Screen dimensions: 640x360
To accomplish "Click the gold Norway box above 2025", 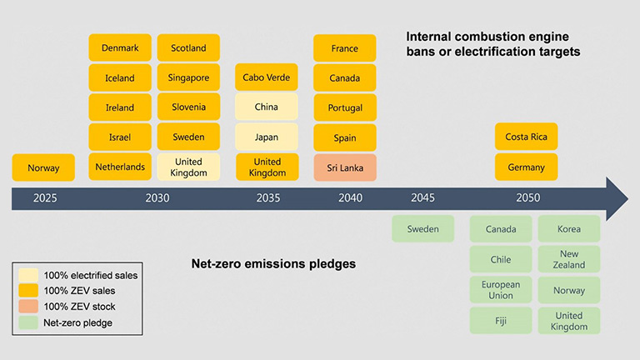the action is [x=43, y=167].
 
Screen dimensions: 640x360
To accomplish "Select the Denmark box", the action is [x=120, y=47].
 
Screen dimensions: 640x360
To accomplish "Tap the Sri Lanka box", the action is [x=345, y=167].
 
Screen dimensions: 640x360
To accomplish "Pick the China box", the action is [x=267, y=107].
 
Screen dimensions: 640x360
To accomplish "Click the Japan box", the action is [x=267, y=137].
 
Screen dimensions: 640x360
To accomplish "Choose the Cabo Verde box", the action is [x=267, y=77].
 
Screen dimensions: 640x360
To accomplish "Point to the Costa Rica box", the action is [x=526, y=137].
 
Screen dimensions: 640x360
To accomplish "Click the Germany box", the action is [x=526, y=167].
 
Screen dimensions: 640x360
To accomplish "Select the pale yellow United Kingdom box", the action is [x=188, y=167].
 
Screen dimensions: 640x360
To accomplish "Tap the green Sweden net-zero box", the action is [x=422, y=229].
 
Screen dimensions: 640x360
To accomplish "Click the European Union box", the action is [x=501, y=290].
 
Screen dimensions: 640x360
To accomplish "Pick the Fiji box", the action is [x=501, y=321].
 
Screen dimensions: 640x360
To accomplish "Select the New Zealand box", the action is [x=569, y=259].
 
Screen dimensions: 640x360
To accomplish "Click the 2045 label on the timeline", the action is [x=422, y=198].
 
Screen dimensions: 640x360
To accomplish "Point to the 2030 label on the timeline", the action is [x=157, y=198].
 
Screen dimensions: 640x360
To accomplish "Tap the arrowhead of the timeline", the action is [x=617, y=199].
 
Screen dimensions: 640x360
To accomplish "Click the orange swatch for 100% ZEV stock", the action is [x=28, y=306].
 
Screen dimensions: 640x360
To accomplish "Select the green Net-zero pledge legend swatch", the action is [x=28, y=322].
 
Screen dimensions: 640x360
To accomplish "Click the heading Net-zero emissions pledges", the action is [x=273, y=264].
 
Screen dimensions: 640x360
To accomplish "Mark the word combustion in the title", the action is [x=494, y=37].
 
